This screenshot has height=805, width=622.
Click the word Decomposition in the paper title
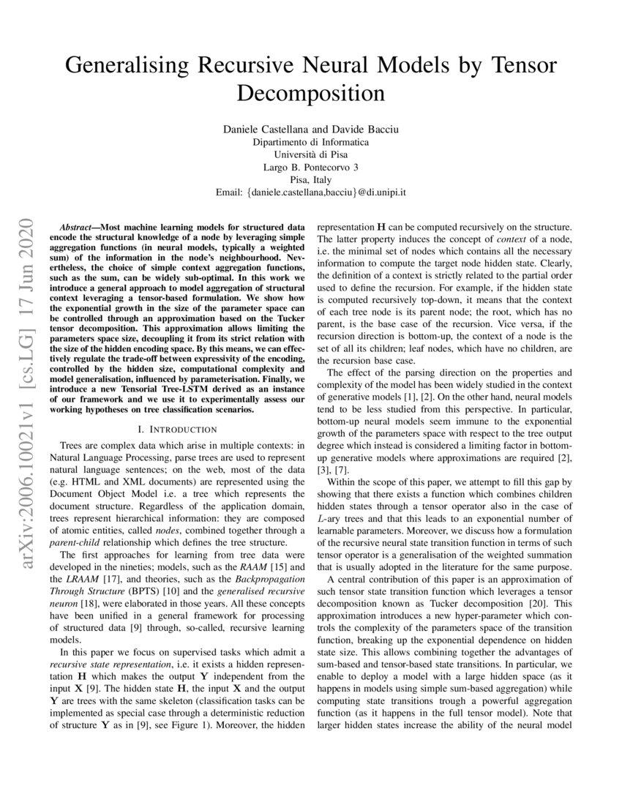[311, 94]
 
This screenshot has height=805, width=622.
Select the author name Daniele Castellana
[265, 129]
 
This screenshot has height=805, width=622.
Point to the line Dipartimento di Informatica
[311, 142]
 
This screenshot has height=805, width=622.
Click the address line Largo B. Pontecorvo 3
[311, 168]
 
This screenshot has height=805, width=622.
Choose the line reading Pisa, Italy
[311, 180]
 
